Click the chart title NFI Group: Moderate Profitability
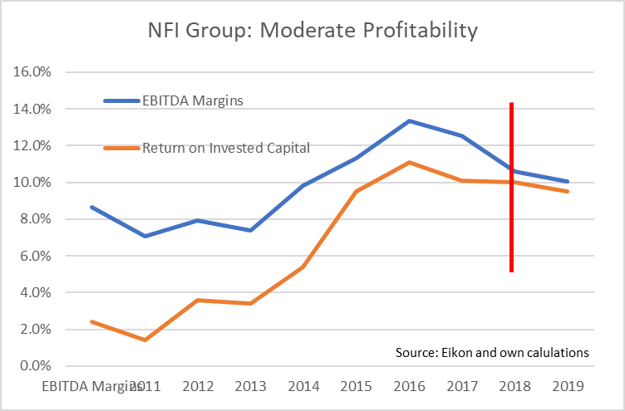pyautogui.click(x=312, y=32)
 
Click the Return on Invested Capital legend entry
pyautogui.click(x=226, y=148)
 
